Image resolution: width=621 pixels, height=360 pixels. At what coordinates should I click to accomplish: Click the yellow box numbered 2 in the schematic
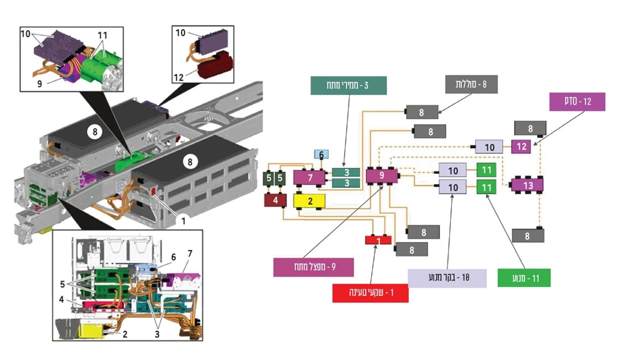click(x=309, y=201)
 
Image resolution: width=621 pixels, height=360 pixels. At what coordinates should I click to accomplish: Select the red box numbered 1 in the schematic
click(x=378, y=240)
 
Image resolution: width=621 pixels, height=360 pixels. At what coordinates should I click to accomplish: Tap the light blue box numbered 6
click(x=321, y=155)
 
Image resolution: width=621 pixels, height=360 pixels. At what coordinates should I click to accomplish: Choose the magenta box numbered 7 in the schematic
click(x=309, y=177)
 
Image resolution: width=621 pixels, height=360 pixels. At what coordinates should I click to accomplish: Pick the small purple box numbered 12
click(x=521, y=146)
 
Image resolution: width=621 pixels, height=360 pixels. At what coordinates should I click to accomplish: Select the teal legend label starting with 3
click(x=349, y=86)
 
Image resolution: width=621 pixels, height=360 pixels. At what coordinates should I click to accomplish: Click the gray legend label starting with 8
click(x=471, y=85)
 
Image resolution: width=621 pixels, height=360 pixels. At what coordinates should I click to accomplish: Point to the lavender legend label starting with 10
click(x=447, y=278)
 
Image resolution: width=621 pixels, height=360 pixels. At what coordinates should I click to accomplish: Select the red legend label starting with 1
click(x=370, y=293)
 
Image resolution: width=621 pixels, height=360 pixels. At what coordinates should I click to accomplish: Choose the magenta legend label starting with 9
click(x=313, y=266)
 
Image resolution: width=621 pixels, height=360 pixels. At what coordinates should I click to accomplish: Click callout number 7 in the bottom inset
click(x=190, y=253)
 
